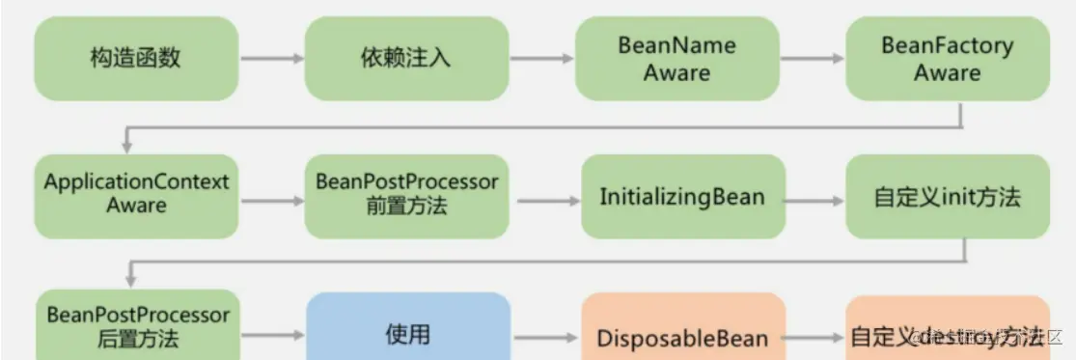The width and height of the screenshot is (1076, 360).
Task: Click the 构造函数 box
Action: tap(136, 59)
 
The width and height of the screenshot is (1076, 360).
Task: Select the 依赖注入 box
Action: tap(406, 59)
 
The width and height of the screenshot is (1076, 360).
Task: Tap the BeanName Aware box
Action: tap(676, 59)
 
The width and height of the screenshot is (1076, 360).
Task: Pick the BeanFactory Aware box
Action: tap(947, 59)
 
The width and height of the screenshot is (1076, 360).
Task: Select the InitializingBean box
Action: tap(682, 197)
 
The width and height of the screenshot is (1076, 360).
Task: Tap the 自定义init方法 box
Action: tap(947, 197)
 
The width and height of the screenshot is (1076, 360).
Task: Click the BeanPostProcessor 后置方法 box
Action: tap(136, 326)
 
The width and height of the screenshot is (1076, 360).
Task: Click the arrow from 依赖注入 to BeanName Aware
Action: tap(541, 59)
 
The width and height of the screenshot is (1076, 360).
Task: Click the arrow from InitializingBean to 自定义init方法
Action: tap(816, 201)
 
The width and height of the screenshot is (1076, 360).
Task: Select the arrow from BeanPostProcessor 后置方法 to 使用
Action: tap(272, 336)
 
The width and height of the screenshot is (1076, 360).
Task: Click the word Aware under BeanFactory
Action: tap(947, 72)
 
